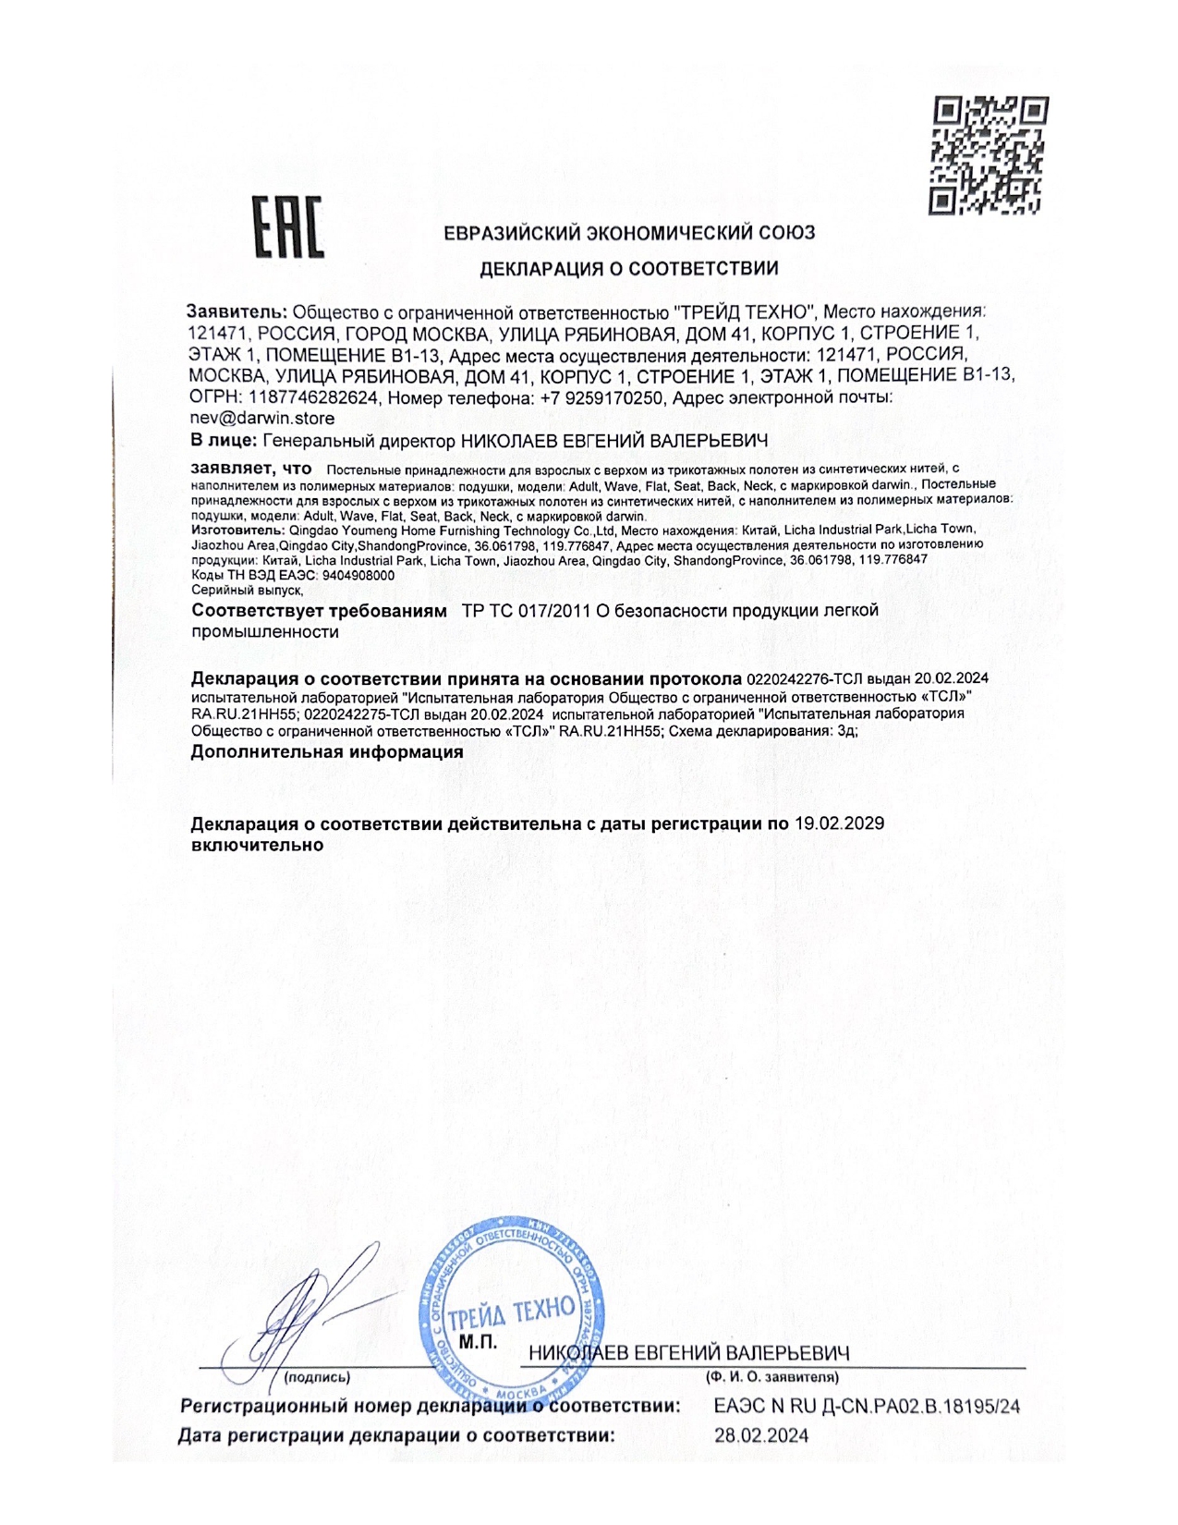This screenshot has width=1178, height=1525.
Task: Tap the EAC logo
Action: point(288,226)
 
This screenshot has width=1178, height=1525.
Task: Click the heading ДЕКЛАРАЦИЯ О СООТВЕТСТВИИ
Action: point(628,269)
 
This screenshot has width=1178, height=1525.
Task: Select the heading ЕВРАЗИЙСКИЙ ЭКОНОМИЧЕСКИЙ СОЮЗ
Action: point(629,233)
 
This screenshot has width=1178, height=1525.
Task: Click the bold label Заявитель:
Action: point(237,312)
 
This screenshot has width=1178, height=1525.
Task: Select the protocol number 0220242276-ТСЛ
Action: point(802,678)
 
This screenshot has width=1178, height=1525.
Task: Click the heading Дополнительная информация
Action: point(327,751)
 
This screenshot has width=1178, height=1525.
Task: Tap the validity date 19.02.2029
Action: point(839,823)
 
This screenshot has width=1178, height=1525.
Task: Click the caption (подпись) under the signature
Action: point(317,1377)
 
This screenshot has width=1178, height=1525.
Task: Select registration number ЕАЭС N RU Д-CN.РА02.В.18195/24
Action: point(867,1407)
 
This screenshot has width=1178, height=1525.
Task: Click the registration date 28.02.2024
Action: point(761,1435)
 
